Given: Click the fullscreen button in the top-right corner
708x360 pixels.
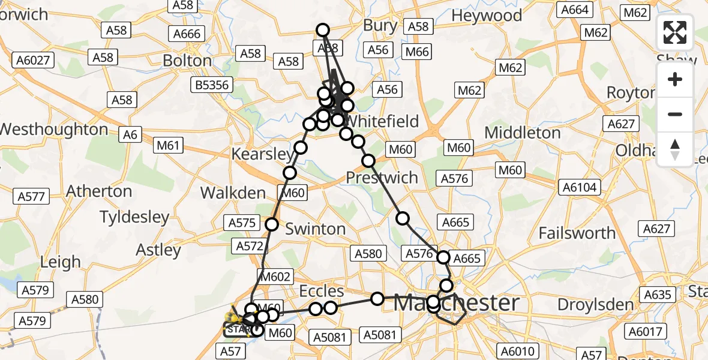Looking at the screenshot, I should (x=675, y=32).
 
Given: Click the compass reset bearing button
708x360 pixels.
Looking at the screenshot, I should (x=675, y=149).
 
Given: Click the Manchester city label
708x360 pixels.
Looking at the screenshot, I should (x=456, y=303).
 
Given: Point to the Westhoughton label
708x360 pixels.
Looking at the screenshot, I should (x=54, y=130).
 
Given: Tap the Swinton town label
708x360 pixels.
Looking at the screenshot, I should (x=316, y=229).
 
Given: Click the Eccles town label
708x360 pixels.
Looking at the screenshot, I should (x=322, y=292).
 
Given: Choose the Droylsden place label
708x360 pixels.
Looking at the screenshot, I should (x=595, y=305).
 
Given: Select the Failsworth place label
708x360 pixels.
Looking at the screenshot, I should (x=577, y=233).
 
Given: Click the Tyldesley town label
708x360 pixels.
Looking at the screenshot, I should (x=134, y=217).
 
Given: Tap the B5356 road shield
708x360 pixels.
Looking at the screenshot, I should (x=212, y=85).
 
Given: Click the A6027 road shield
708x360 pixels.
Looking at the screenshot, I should (x=34, y=60).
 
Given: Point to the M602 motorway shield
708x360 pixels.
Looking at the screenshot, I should (x=275, y=277).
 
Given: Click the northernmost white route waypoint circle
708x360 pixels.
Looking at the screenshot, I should (x=323, y=30).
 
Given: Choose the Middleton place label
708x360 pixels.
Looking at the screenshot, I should (x=523, y=133).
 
